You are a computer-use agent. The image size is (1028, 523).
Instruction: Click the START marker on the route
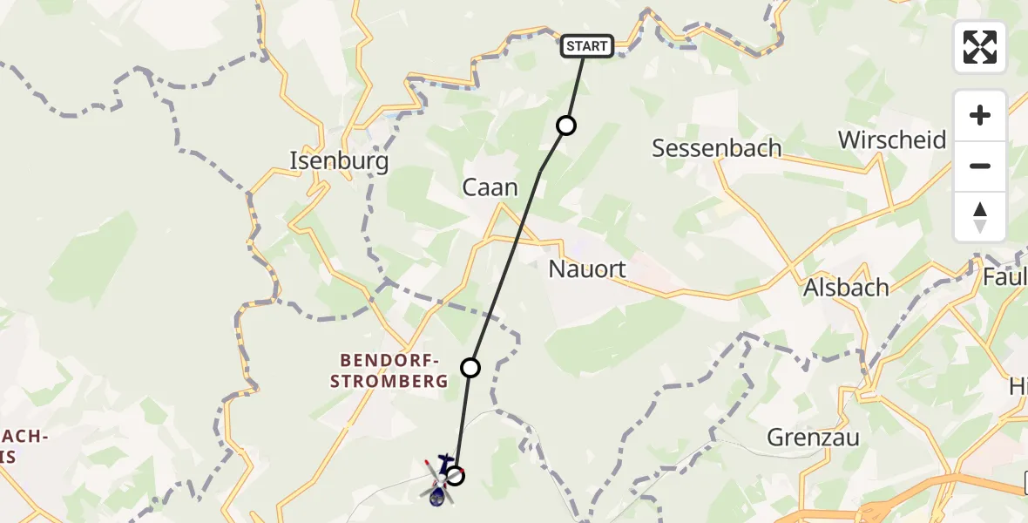click(588, 46)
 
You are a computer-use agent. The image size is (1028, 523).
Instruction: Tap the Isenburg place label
click(339, 160)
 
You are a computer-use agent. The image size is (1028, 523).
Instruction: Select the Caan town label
click(490, 187)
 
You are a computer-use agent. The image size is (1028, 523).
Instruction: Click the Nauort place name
click(587, 269)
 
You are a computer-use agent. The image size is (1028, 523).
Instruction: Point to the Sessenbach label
click(716, 148)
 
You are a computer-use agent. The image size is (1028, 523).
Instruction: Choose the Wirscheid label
click(892, 139)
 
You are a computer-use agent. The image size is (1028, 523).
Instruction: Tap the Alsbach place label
click(846, 287)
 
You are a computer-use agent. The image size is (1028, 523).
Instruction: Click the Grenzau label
click(813, 437)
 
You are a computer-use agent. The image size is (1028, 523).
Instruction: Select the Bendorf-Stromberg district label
click(395, 370)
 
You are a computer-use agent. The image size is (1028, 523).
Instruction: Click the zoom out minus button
click(980, 166)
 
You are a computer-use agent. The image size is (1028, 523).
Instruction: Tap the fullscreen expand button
click(980, 47)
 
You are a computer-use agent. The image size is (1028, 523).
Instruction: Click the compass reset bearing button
click(980, 216)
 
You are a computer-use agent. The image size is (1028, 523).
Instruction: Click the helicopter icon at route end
click(438, 481)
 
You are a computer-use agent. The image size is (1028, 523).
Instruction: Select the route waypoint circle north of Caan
click(566, 126)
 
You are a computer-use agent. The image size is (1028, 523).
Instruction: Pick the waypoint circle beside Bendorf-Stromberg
click(470, 368)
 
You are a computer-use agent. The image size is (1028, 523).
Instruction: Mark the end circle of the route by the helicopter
click(455, 476)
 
